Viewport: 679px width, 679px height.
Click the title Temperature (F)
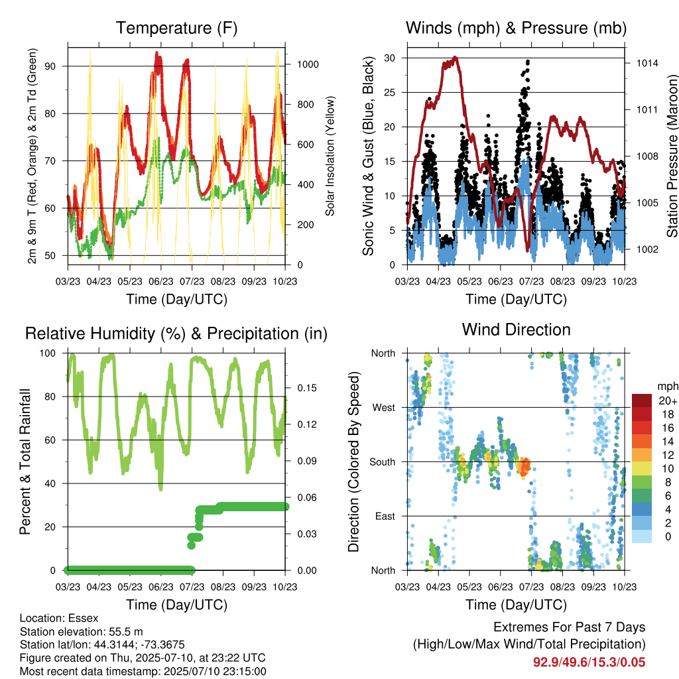[176, 28]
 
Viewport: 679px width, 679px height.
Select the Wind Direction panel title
[516, 330]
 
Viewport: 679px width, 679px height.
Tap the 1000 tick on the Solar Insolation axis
[308, 64]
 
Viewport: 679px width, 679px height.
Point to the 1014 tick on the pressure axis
[647, 63]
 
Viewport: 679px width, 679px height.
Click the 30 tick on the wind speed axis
[389, 58]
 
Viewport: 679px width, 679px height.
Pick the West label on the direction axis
[384, 408]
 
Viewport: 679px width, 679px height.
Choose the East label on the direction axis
[385, 516]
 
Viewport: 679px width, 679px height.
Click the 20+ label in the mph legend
[668, 401]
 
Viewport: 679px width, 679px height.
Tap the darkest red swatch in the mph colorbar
[642, 401]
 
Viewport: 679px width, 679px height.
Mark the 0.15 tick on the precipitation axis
[307, 388]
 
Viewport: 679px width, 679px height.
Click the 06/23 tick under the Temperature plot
[161, 281]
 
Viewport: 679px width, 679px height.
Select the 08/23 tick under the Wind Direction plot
[562, 587]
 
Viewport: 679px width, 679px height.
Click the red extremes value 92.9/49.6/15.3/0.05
[589, 662]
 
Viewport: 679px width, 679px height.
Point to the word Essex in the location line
[84, 618]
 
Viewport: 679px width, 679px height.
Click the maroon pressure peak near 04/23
[455, 57]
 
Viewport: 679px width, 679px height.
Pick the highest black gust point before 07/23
[527, 62]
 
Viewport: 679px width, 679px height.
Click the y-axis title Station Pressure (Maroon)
[672, 156]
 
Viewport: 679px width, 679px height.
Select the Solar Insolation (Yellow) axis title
[330, 156]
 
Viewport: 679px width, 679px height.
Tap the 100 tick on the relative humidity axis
[48, 353]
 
